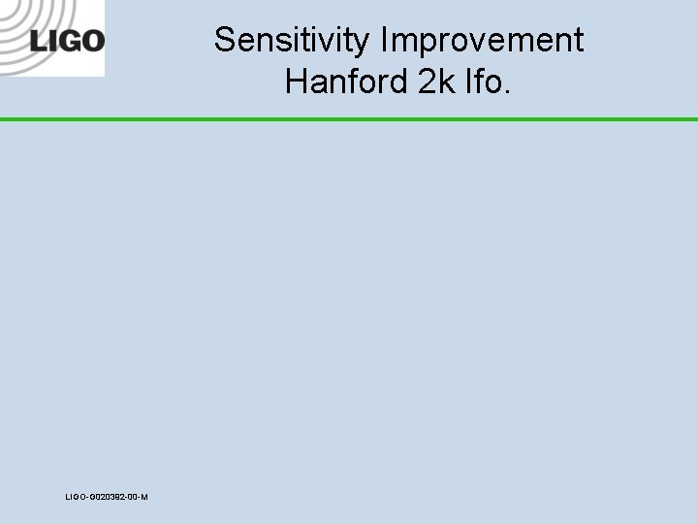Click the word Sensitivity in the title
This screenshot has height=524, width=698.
click(293, 41)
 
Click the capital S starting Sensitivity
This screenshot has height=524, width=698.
click(225, 41)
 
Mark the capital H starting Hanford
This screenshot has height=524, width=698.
click(296, 82)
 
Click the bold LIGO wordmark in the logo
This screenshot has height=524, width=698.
click(67, 41)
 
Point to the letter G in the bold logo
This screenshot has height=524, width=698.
click(67, 41)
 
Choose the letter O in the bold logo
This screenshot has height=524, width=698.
click(91, 41)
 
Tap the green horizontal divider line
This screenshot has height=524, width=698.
click(349, 119)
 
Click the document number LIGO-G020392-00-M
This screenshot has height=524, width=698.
click(107, 497)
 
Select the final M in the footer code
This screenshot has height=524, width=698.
click(144, 497)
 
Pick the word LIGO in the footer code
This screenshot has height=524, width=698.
click(75, 497)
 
